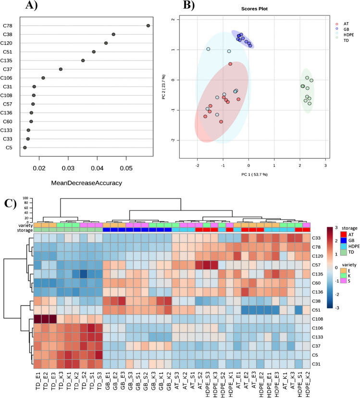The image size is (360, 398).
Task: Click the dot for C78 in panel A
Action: pyautogui.click(x=149, y=25)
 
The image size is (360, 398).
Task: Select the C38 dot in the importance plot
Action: pyautogui.click(x=113, y=35)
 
